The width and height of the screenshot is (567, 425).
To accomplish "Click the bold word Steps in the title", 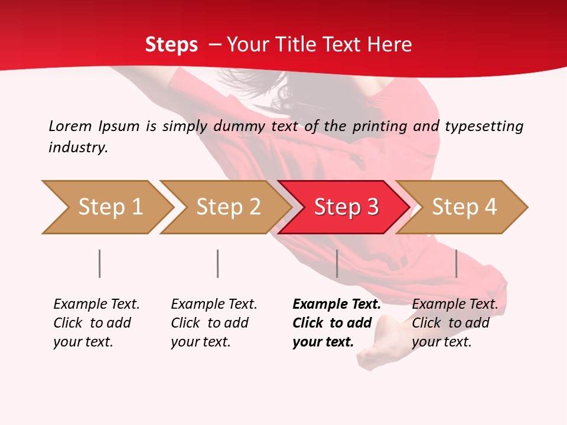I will [x=171, y=44].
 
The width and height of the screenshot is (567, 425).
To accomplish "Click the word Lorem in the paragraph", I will [x=70, y=126].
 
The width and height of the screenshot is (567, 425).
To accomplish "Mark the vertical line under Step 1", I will [x=100, y=263].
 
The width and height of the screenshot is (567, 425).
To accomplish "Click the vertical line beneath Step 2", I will [x=218, y=263].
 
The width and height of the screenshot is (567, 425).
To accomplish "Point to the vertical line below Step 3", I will [x=337, y=263].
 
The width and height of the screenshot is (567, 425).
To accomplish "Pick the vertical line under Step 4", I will [x=457, y=263].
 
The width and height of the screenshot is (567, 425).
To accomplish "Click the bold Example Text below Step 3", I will [x=337, y=305].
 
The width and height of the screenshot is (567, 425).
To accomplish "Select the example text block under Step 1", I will [x=96, y=323].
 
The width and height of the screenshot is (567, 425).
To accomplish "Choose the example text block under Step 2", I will [x=213, y=323].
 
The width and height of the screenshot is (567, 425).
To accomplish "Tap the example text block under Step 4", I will [x=454, y=323].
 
